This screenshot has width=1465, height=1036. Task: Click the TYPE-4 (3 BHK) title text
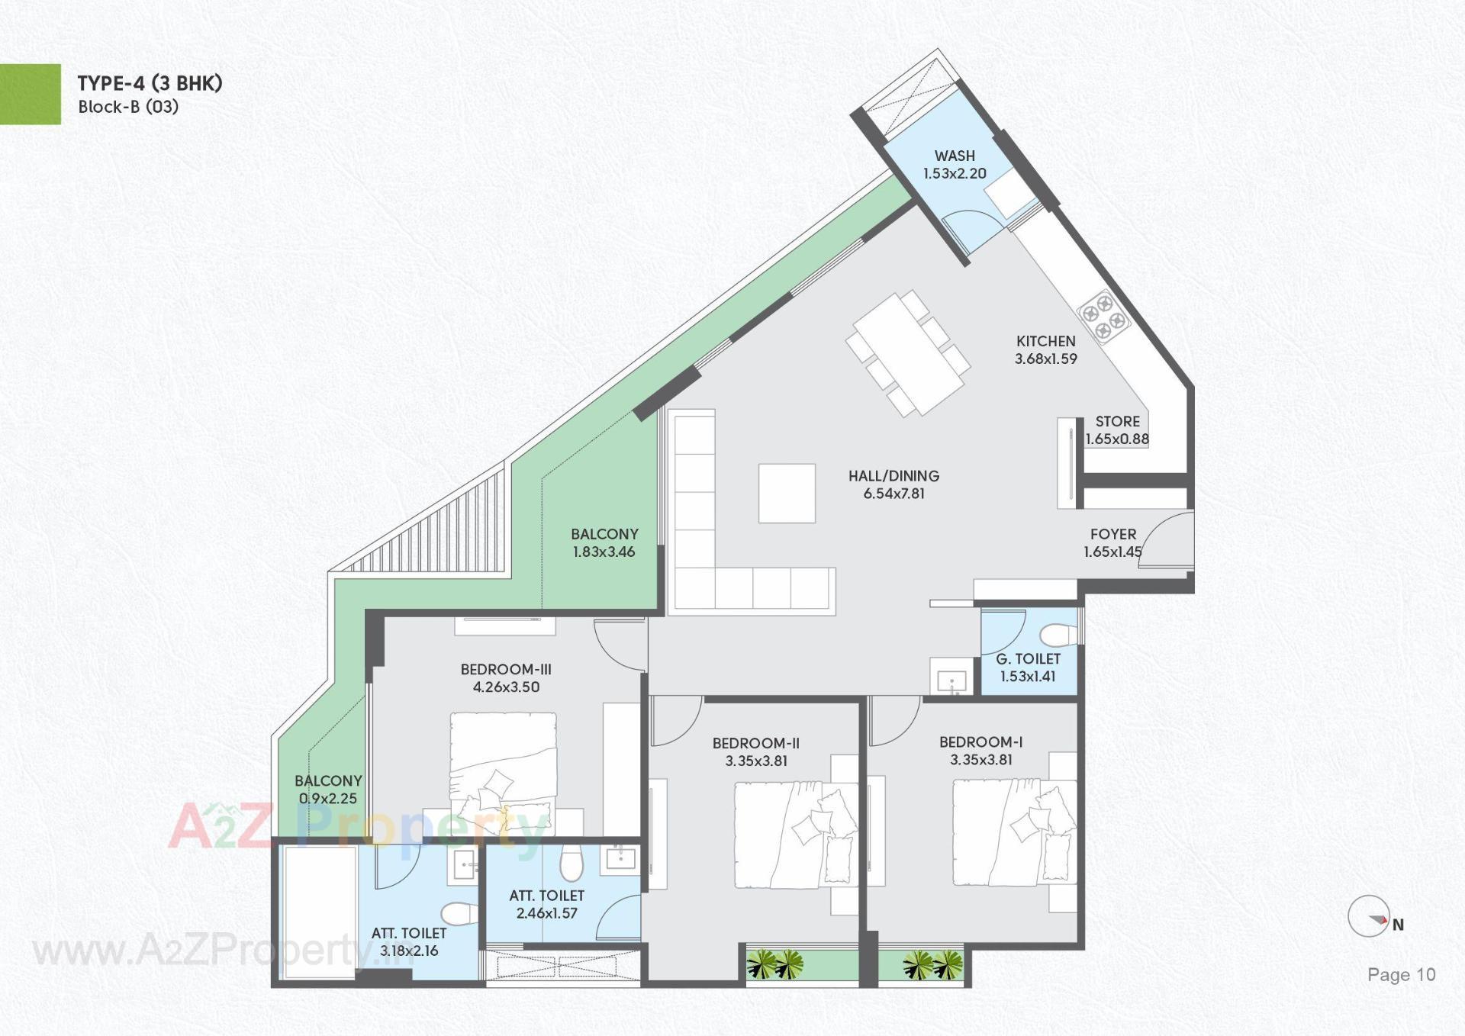point(150,83)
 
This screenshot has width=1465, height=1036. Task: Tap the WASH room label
point(955,165)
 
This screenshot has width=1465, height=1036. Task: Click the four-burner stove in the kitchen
point(1103,316)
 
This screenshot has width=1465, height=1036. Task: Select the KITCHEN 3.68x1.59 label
point(1045,350)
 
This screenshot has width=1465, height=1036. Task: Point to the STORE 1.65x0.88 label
point(1117,430)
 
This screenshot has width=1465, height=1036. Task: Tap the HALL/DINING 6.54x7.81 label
point(893,484)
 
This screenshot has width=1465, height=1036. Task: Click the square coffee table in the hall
point(787,493)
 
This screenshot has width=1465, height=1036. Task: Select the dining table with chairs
point(907,354)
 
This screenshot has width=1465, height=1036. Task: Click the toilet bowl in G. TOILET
point(1059,635)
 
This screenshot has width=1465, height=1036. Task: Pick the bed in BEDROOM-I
point(1013,833)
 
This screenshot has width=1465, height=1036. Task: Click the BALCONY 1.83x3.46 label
point(604,543)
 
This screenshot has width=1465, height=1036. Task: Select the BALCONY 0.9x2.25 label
point(328,790)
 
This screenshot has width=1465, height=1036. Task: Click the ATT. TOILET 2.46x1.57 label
point(546,904)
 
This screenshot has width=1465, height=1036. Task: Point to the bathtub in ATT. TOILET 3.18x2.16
point(319,911)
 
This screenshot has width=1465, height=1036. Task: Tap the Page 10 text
point(1401,974)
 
